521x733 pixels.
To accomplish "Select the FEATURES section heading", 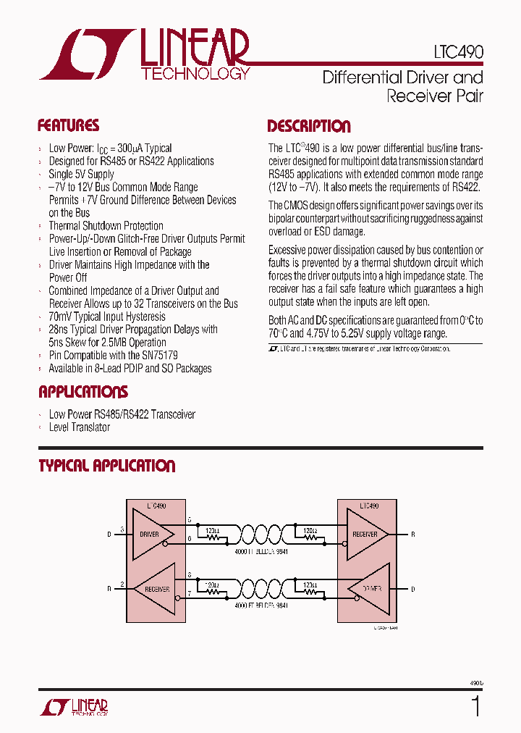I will click(68, 125).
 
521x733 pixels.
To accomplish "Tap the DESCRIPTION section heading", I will click(309, 126).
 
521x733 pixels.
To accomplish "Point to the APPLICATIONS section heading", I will click(82, 392).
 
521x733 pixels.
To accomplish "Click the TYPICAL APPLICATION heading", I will click(106, 466).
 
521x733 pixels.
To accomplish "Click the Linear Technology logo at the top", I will click(145, 54).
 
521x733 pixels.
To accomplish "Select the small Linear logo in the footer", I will click(72, 706).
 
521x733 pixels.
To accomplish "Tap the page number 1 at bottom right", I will click(475, 706).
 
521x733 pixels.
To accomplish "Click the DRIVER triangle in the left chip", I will click(155, 534).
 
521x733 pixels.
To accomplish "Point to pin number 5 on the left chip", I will click(190, 521).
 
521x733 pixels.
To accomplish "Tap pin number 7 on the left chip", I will click(190, 594).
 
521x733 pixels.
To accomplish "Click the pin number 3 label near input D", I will click(122, 529).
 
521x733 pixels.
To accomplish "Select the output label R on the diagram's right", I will click(413, 535).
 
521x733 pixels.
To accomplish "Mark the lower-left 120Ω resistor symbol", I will click(213, 591).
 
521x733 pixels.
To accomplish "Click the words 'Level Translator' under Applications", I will click(80, 427).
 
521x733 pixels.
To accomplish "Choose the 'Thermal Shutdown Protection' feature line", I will click(106, 226).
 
